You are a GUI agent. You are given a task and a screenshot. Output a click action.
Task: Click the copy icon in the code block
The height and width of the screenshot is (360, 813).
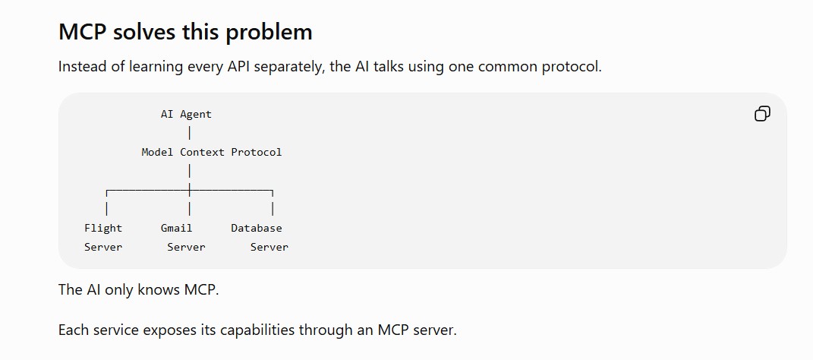pyautogui.click(x=762, y=114)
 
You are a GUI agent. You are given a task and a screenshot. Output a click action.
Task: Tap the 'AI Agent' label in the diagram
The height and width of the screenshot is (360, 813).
pyautogui.click(x=186, y=115)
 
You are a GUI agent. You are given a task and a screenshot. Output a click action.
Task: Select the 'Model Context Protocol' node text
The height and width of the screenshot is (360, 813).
pyautogui.click(x=212, y=153)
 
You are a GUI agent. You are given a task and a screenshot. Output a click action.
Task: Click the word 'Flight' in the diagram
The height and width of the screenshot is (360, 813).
pyautogui.click(x=103, y=229)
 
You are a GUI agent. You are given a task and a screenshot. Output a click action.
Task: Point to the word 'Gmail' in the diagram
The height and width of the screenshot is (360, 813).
pyautogui.click(x=176, y=229)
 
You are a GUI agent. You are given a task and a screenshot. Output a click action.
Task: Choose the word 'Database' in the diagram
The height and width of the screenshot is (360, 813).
pyautogui.click(x=257, y=229)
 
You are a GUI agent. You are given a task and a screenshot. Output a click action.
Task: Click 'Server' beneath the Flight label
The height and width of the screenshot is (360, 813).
pyautogui.click(x=103, y=248)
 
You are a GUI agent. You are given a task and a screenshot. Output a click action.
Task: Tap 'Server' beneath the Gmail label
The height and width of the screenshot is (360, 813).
pyautogui.click(x=186, y=248)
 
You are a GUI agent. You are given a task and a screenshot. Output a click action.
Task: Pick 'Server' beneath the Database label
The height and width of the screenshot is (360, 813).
pyautogui.click(x=269, y=248)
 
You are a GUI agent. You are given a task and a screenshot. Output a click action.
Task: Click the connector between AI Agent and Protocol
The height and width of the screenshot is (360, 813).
pyautogui.click(x=190, y=134)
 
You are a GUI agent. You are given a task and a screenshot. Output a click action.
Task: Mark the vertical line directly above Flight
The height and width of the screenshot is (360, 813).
pyautogui.click(x=107, y=209)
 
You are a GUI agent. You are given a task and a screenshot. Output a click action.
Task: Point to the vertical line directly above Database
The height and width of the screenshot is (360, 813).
pyautogui.click(x=273, y=209)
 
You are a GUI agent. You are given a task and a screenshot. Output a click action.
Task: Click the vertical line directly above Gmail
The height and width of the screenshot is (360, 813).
pyautogui.click(x=190, y=209)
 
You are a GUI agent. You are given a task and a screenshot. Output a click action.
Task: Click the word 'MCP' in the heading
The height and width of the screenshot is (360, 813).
pyautogui.click(x=83, y=32)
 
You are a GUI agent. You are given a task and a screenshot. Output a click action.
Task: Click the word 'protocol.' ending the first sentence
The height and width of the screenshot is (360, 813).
pyautogui.click(x=572, y=68)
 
